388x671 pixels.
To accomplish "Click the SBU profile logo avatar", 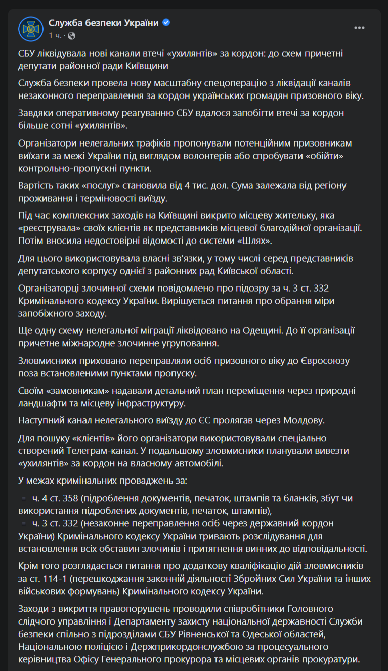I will click(30, 29).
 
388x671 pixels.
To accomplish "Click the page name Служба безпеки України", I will click(103, 23).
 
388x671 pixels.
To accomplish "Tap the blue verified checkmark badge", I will click(166, 23).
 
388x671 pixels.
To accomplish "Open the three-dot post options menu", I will click(359, 28).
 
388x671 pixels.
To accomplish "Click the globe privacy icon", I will click(71, 36).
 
